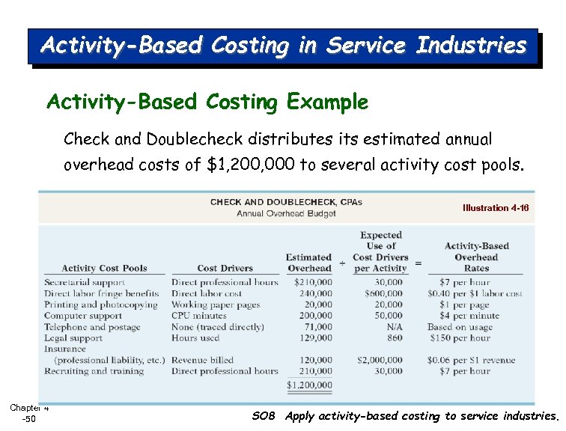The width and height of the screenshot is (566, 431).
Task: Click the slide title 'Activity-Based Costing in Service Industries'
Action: pos(283,46)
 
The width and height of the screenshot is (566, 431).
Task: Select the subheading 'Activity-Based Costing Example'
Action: pos(207,102)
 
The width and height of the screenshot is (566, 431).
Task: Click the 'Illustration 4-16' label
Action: pos(495,208)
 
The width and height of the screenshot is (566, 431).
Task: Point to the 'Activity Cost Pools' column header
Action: pos(104,268)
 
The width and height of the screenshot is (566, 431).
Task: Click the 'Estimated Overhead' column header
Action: pos(308,263)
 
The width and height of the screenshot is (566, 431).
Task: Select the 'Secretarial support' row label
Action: pos(84,283)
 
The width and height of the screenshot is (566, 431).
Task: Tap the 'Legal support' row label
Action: pos(73,338)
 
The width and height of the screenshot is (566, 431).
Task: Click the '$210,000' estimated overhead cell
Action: pos(313,283)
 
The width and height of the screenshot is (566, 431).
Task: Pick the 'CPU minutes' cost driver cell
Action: pos(198,316)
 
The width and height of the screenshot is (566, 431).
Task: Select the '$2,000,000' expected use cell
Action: pos(380,360)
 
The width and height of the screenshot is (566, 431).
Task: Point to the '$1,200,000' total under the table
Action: pos(309,385)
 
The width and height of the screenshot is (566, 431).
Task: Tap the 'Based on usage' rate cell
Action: pos(459,327)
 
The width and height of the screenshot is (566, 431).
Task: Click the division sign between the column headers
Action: pos(343,263)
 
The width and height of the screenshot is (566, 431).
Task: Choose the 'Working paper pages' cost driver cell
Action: pos(216,305)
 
